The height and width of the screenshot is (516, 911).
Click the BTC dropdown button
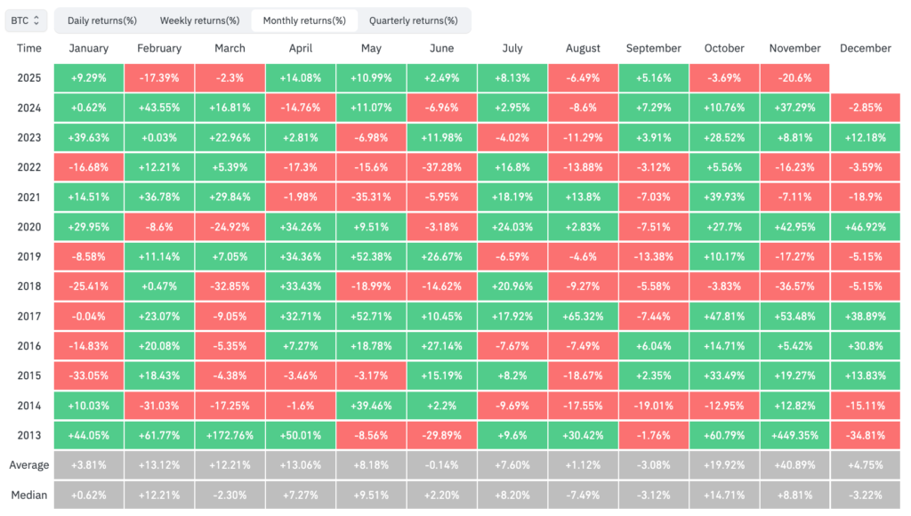(26, 20)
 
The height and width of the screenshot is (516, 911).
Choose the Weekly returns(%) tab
(199, 20)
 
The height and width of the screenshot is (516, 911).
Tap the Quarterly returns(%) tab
(413, 20)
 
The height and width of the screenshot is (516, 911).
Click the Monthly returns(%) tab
(304, 20)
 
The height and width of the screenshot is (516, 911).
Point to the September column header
(653, 48)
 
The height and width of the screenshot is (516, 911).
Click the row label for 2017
(28, 315)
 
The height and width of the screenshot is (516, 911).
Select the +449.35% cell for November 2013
(794, 434)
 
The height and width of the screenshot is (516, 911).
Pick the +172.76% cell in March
(229, 434)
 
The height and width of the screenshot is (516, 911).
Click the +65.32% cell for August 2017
(583, 315)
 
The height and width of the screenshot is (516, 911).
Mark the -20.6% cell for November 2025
(794, 77)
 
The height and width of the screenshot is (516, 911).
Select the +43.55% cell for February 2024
(158, 107)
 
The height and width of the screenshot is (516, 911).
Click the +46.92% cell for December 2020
(865, 226)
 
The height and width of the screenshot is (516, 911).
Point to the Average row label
(28, 464)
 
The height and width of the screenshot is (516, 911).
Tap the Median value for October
(723, 495)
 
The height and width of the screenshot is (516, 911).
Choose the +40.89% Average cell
(794, 464)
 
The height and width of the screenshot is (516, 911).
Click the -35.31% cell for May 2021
(370, 196)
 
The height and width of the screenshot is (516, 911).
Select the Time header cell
(28, 48)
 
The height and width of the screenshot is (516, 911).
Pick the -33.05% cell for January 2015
(88, 375)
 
